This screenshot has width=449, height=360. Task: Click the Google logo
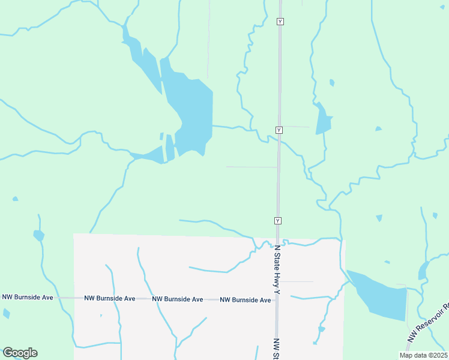tap(20, 353)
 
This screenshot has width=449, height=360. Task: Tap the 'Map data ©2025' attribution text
tap(423, 355)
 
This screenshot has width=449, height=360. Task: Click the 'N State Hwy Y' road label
tap(277, 270)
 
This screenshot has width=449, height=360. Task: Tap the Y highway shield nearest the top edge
tap(280, 22)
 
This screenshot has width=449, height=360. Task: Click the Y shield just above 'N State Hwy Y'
tap(278, 221)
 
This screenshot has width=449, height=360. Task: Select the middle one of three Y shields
tap(279, 130)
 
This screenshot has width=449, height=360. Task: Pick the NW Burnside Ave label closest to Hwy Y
tap(245, 300)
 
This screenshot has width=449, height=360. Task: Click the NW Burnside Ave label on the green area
tap(27, 297)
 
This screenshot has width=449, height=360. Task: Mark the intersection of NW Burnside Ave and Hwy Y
tap(277, 299)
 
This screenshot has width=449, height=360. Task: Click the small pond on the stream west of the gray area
tap(38, 235)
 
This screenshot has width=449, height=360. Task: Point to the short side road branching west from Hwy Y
tap(252, 167)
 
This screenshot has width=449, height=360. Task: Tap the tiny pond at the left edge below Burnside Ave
tap(6, 313)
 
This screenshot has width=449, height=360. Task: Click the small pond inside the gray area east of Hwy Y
tap(321, 329)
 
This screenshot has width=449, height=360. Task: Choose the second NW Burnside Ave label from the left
tap(109, 298)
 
